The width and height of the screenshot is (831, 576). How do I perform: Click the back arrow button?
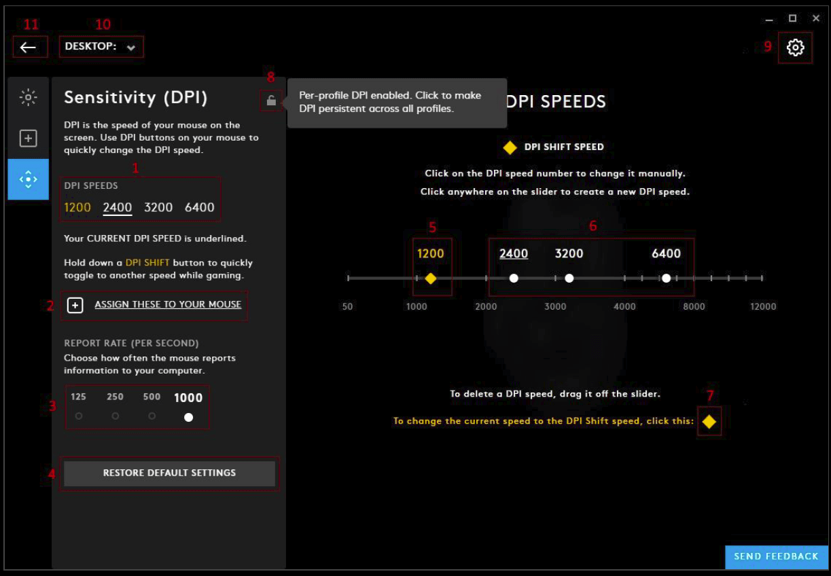click(28, 47)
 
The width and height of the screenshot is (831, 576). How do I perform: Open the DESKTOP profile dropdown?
click(101, 47)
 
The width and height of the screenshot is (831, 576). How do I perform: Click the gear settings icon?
click(795, 48)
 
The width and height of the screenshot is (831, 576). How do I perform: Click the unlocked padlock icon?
click(271, 100)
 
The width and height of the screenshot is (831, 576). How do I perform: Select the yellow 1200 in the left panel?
click(77, 207)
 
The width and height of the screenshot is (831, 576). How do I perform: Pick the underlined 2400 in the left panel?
click(118, 207)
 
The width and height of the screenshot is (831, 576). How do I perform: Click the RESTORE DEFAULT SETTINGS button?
click(169, 473)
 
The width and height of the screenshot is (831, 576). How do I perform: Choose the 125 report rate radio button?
click(79, 416)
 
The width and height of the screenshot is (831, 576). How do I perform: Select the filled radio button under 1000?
click(188, 417)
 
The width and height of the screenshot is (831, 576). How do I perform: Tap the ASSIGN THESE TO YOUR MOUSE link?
click(168, 304)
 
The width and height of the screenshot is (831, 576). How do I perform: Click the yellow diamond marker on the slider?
click(430, 278)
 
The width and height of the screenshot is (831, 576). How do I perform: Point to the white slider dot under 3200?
click(569, 278)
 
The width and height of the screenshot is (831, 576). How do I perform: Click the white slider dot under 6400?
click(667, 278)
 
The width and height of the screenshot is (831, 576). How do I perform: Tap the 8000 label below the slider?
click(694, 306)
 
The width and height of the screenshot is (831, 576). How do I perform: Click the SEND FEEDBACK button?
click(776, 556)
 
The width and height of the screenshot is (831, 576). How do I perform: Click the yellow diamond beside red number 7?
click(709, 421)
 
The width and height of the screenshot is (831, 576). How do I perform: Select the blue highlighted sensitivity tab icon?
click(28, 179)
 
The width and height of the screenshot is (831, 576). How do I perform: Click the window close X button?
click(816, 18)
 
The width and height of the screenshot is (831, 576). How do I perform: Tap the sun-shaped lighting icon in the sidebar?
click(28, 98)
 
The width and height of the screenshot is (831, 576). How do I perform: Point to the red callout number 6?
click(593, 226)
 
